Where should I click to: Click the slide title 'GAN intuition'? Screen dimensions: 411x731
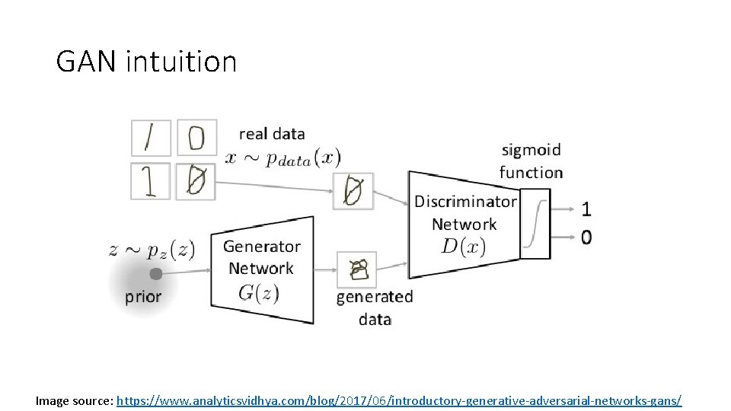(x=146, y=61)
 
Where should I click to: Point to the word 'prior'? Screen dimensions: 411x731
(x=143, y=297)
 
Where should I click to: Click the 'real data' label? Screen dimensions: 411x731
(x=272, y=134)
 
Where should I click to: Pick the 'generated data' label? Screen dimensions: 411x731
(x=375, y=307)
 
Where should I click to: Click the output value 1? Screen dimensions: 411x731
(x=586, y=208)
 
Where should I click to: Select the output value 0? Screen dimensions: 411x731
(x=586, y=237)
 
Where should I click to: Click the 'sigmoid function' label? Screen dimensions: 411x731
(x=531, y=161)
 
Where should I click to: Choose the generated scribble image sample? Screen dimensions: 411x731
(x=355, y=269)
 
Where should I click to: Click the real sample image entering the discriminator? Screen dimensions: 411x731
(x=353, y=190)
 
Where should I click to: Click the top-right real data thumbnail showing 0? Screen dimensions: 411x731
(x=196, y=138)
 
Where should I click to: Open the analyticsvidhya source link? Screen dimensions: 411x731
(x=399, y=400)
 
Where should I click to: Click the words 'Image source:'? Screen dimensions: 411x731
(x=75, y=400)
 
